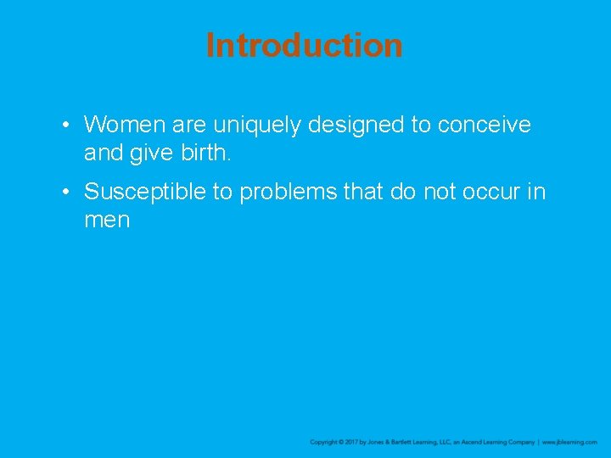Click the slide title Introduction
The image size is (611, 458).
pos(304,45)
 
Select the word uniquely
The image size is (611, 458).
pos(257,126)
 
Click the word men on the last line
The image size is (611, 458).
pos(106,221)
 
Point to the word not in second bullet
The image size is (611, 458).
pos(440,193)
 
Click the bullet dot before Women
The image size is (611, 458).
pos(64,126)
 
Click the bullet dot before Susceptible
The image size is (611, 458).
pos(64,193)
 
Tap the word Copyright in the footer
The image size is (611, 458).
pos(324,442)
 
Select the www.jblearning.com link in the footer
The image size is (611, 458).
pos(569,442)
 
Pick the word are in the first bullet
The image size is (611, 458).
pos(188,126)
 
